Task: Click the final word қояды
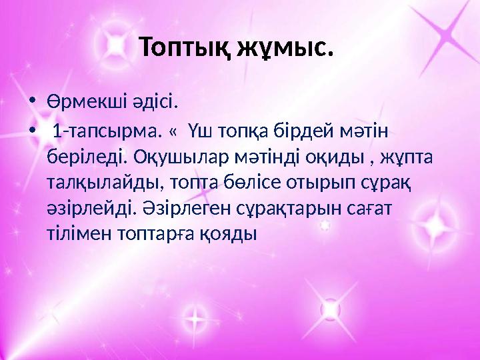click(233, 234)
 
